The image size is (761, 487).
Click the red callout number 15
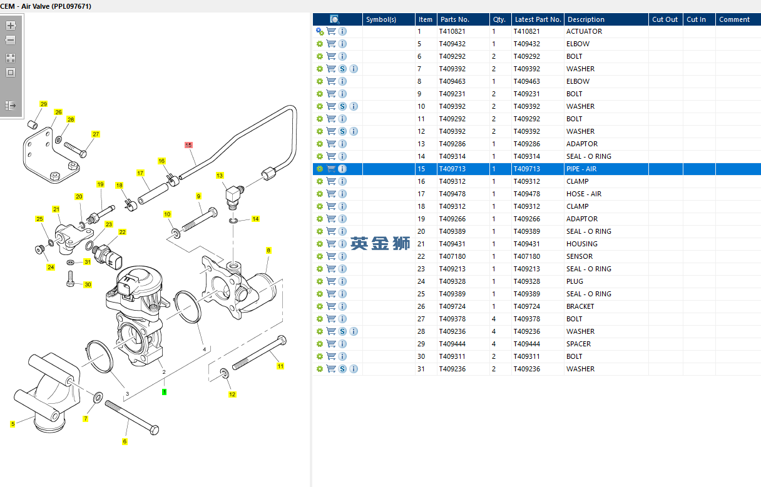[x=188, y=144]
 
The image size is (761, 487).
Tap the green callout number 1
[x=164, y=392]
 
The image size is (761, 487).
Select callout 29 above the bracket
[x=43, y=104]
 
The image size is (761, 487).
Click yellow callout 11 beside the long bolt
[x=280, y=366]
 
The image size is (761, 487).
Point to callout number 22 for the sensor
[x=122, y=232]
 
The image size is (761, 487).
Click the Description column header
[x=586, y=19]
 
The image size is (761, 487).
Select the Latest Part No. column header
[x=537, y=19]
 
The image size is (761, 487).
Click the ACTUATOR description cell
[x=584, y=31]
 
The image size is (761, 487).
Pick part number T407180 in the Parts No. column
[x=452, y=256]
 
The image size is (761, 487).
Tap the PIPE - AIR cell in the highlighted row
[x=581, y=169]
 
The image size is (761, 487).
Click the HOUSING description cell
[x=582, y=244]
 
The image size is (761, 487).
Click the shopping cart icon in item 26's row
[x=331, y=306]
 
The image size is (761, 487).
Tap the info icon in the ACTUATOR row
[x=342, y=31]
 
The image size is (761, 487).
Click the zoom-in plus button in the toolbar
[x=11, y=26]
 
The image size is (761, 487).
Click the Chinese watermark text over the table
[x=380, y=243]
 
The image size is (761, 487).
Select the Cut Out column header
[x=665, y=19]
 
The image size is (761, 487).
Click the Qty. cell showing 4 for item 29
[x=494, y=344]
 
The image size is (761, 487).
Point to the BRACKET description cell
[x=580, y=306]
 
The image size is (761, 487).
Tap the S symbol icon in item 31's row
[x=342, y=369]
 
